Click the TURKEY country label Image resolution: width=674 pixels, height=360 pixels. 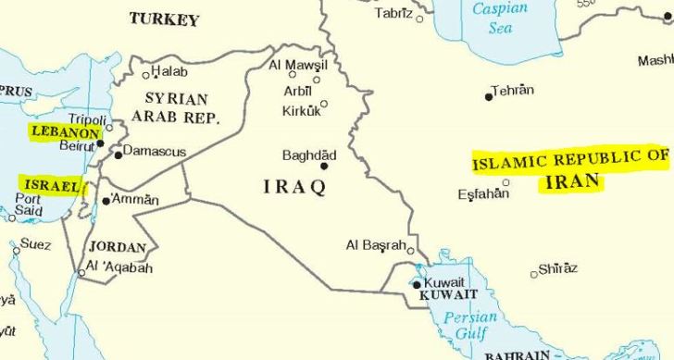(x=164, y=19)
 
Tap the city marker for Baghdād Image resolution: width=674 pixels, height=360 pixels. (x=324, y=166)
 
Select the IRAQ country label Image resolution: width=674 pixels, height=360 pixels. (x=295, y=188)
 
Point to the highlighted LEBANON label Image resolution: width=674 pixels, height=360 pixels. (x=65, y=131)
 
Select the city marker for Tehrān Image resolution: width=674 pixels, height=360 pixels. (x=489, y=96)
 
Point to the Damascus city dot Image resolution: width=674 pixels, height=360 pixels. (x=118, y=155)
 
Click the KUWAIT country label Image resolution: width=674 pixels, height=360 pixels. (x=448, y=295)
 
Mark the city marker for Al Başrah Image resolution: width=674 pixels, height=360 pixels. (x=410, y=250)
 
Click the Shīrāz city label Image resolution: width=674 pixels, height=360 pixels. (x=558, y=268)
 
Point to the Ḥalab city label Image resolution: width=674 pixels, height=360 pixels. (x=169, y=71)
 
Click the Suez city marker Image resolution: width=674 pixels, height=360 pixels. (x=16, y=250)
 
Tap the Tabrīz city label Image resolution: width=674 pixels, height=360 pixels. (x=393, y=13)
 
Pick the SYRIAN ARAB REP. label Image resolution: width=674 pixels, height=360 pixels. (x=176, y=108)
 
